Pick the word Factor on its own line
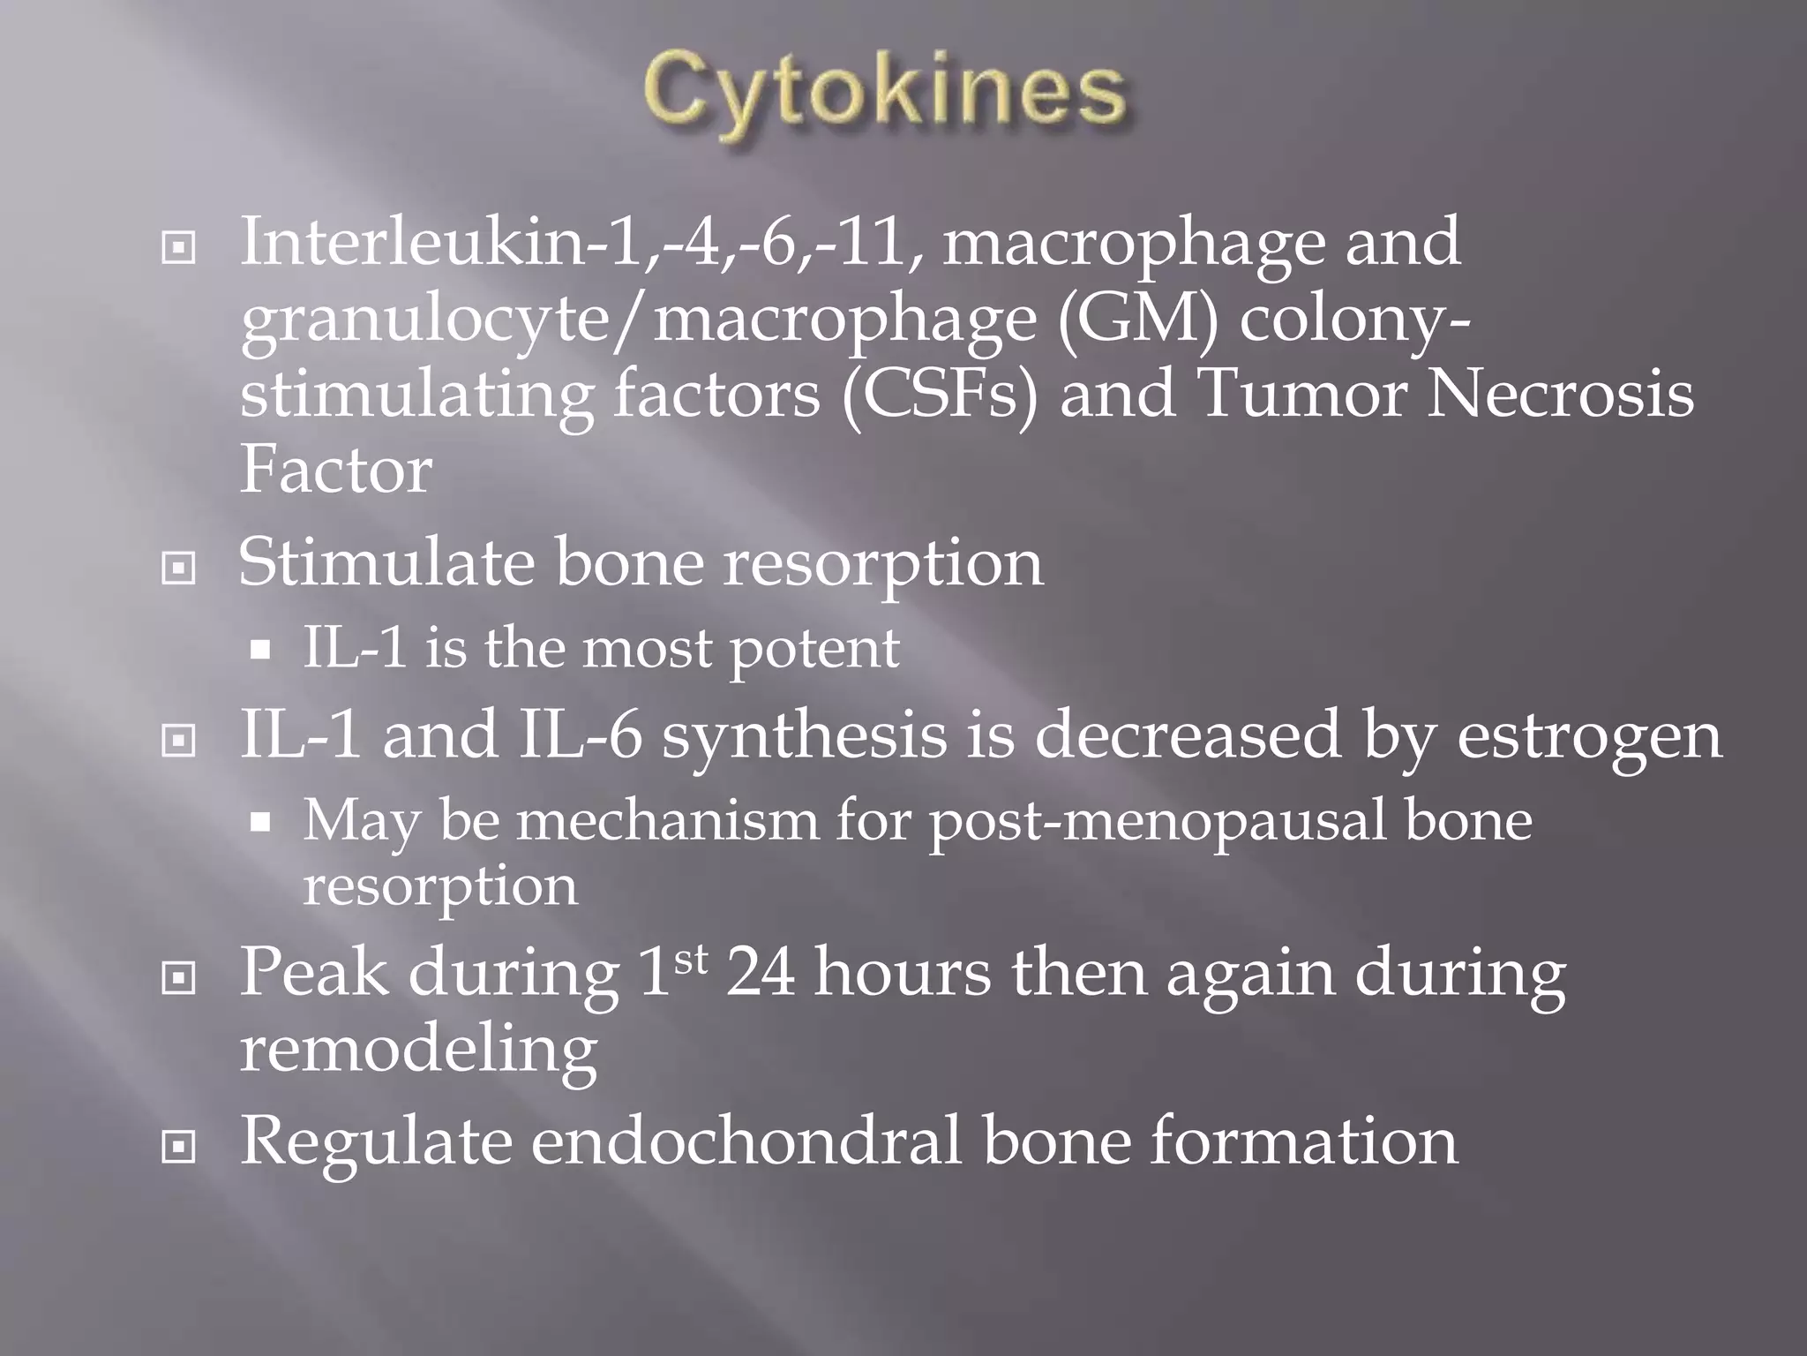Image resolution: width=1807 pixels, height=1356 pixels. coord(335,470)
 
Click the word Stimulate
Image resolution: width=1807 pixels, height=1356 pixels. coord(386,562)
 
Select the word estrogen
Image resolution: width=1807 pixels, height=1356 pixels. coord(1588,736)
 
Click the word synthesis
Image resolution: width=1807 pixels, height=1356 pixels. coord(804,736)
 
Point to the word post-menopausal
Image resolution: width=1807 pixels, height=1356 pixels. coord(1157,821)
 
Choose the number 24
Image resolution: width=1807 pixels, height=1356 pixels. coord(760,973)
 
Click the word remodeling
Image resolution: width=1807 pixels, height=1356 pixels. coord(418,1051)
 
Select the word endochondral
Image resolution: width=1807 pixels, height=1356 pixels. coord(745,1141)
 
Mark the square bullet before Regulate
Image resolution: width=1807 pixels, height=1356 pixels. coord(179,1147)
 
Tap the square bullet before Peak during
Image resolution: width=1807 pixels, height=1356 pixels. coord(179,977)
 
